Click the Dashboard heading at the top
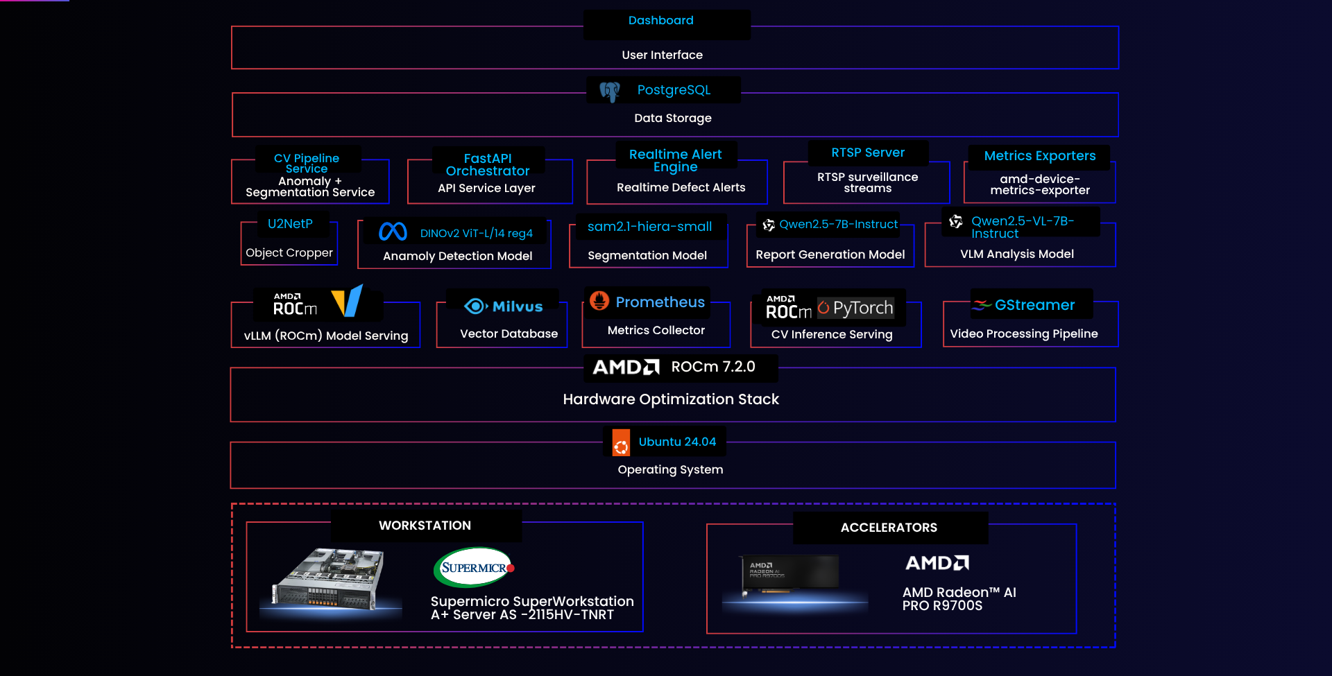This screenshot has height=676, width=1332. coord(660,21)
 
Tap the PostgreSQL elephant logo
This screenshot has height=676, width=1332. coord(610,92)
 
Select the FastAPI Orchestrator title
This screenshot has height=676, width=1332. coord(488,165)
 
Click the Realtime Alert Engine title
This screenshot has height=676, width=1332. coord(675,160)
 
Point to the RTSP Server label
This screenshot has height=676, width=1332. coord(868,153)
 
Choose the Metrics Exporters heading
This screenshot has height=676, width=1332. coord(1040,156)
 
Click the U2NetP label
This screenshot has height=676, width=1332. coord(290,224)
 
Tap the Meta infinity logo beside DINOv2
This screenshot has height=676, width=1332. coord(393,232)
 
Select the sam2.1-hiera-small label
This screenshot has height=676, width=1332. coord(649,227)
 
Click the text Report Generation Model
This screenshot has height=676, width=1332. coord(830,254)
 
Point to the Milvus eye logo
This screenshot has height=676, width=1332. coord(475,306)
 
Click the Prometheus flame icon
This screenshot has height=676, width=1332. coord(599,301)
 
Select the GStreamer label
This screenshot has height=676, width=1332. coord(1034,305)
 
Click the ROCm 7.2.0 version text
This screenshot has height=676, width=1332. coord(713,367)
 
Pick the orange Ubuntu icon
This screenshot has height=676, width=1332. coord(621,442)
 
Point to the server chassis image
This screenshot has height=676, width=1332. coord(327,579)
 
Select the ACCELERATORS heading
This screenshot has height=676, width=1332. coord(889,528)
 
